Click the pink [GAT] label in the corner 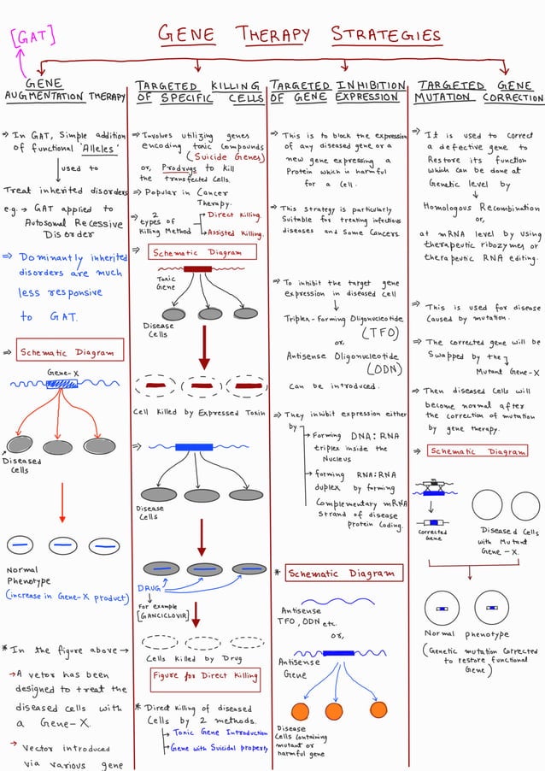pos(32,37)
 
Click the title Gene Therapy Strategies pos(299,35)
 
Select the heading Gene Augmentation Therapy pos(64,91)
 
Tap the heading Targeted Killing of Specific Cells pos(198,92)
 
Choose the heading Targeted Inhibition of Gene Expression pos(337,91)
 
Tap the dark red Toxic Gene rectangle pos(197,269)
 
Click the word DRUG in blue pos(149,588)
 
